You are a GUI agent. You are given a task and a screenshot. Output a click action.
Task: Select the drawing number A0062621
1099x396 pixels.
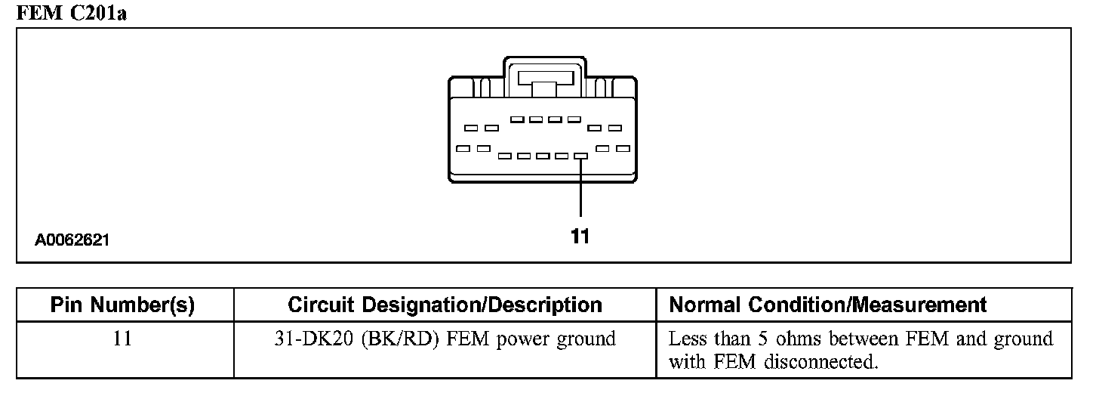pos(72,241)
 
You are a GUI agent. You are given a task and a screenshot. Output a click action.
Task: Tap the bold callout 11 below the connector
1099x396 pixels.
pos(580,237)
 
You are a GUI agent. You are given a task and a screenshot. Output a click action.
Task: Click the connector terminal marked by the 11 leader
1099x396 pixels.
pos(580,156)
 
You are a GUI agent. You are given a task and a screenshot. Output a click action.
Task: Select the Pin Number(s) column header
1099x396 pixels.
pos(122,305)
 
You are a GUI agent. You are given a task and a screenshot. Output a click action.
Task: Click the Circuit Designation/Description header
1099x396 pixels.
pos(445,305)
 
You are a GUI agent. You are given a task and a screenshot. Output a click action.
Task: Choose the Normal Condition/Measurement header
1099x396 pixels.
pos(828,305)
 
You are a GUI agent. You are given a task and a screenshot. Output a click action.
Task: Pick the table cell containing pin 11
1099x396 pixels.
pos(122,339)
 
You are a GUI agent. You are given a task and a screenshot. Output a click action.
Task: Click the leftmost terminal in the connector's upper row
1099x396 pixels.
pos(470,128)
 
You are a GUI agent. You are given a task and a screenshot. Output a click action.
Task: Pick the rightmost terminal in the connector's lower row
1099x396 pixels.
pos(623,149)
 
